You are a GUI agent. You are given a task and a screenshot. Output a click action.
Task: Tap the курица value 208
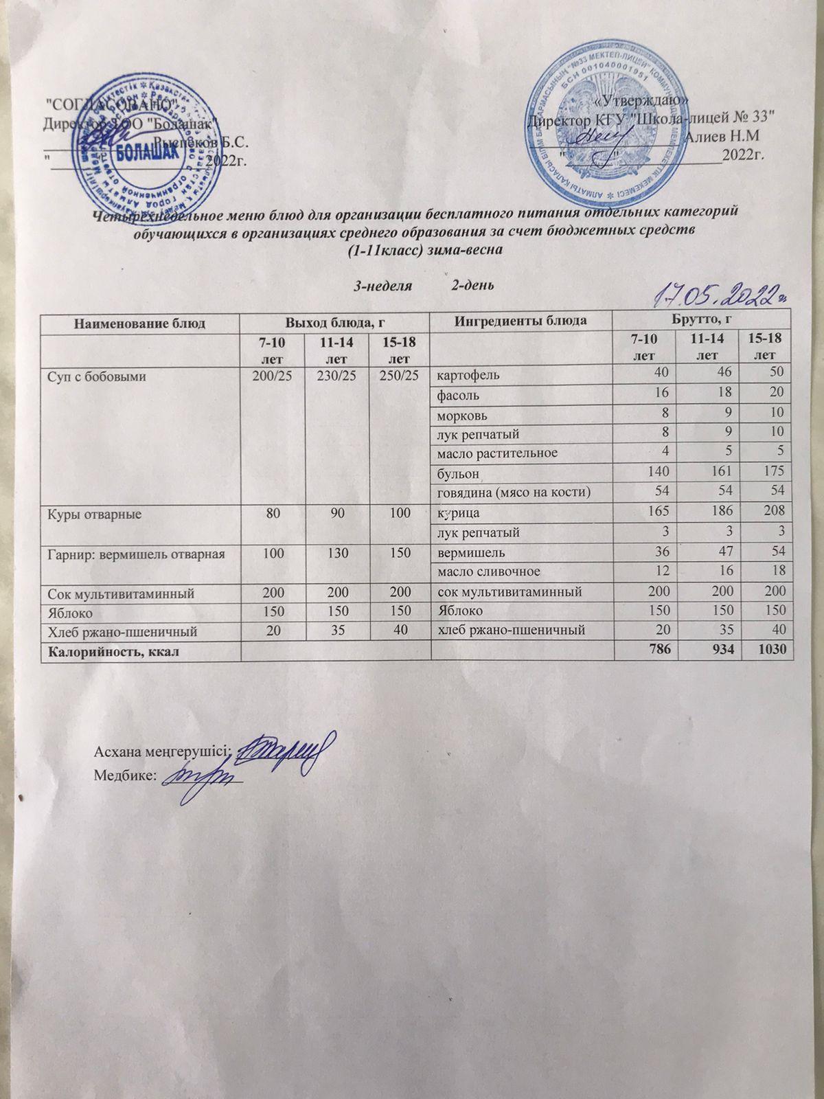(x=775, y=512)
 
